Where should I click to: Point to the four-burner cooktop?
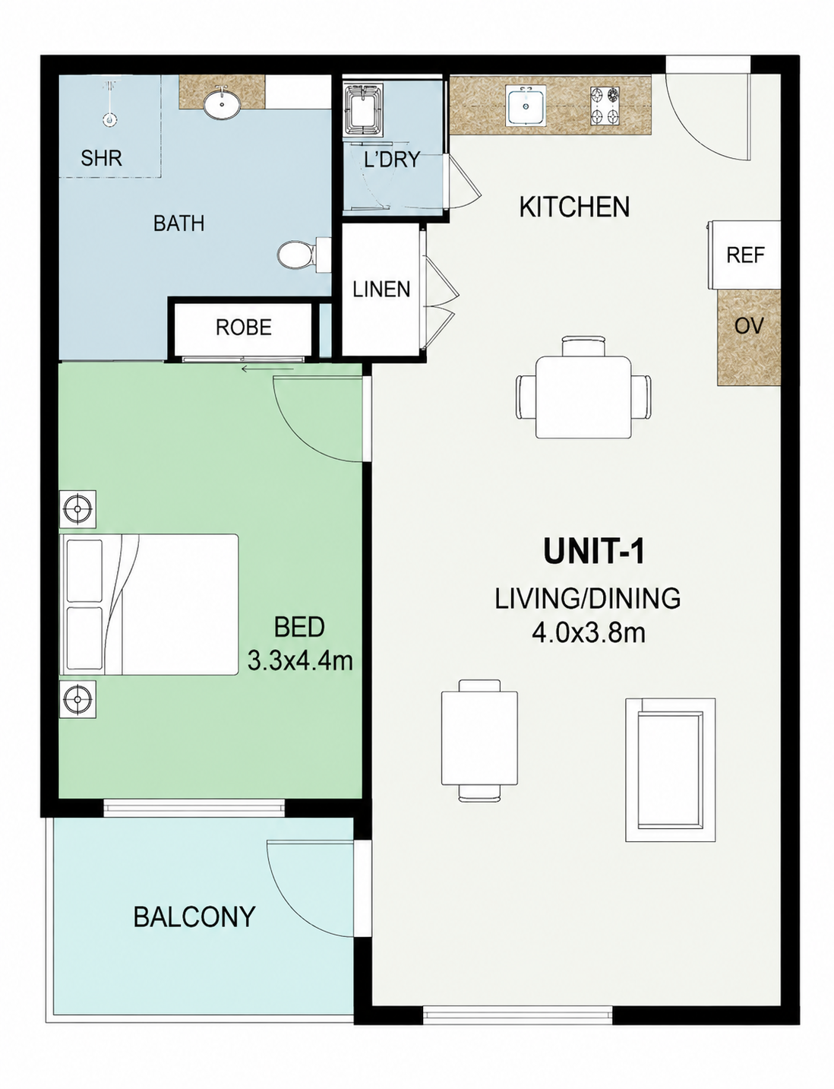click(605, 106)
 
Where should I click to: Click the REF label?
click(745, 255)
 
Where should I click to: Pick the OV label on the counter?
click(749, 326)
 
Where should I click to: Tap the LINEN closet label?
click(381, 290)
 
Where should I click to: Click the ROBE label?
click(243, 328)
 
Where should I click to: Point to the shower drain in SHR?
click(109, 120)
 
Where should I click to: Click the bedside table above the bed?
click(77, 508)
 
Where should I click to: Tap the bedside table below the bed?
click(77, 699)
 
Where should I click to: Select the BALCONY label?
click(194, 916)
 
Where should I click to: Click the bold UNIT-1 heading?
click(593, 551)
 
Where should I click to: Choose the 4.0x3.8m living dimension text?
click(588, 634)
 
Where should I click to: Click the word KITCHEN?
click(574, 207)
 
